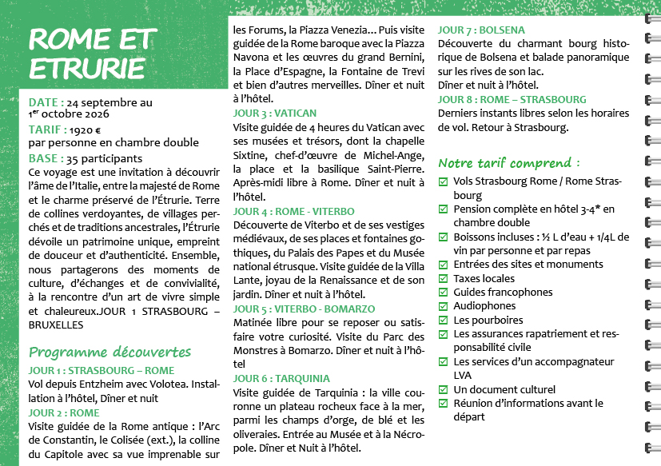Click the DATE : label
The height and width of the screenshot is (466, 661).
pyautogui.click(x=46, y=102)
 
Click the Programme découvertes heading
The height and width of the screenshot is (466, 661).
pyautogui.click(x=110, y=352)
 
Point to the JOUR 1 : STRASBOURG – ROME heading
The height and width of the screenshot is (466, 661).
pyautogui.click(x=101, y=371)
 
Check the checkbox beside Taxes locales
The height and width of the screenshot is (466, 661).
pyautogui.click(x=444, y=279)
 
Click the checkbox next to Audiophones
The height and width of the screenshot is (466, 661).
pyautogui.click(x=444, y=306)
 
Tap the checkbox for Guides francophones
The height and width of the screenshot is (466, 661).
pyautogui.click(x=444, y=293)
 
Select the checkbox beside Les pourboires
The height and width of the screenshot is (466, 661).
pyautogui.click(x=444, y=320)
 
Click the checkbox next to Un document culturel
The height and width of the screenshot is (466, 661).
pyautogui.click(x=444, y=389)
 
